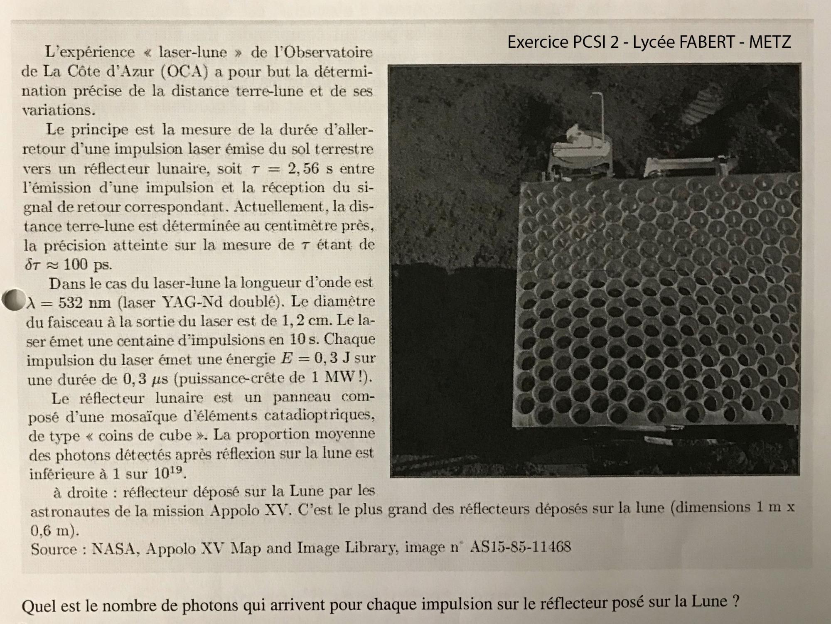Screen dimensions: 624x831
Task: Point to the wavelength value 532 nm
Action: (84, 302)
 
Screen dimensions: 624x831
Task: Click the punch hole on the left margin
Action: (12, 299)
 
